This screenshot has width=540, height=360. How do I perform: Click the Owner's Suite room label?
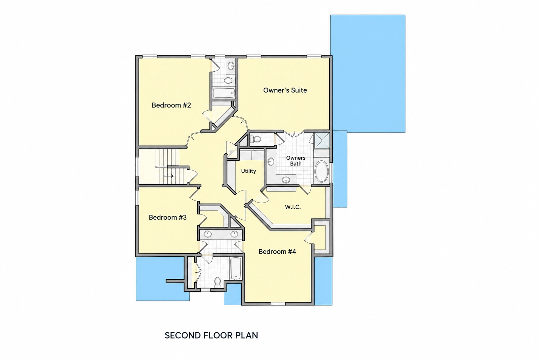[x=285, y=90]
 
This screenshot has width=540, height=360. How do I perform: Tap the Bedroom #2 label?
[x=171, y=105]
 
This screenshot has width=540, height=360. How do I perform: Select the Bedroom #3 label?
[x=168, y=218]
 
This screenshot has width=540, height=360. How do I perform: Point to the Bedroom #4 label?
[x=277, y=252]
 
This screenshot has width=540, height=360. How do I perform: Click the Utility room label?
[x=249, y=171]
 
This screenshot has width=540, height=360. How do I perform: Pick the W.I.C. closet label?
[x=293, y=207]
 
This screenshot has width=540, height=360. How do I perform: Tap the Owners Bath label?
[x=296, y=161]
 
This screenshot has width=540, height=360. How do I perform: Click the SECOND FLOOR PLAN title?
[x=211, y=335]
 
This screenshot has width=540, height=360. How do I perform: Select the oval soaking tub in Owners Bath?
[x=322, y=172]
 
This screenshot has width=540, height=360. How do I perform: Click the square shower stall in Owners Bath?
[x=322, y=140]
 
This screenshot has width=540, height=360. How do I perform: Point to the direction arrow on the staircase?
[x=169, y=176]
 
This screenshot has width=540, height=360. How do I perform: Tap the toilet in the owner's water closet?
[x=256, y=139]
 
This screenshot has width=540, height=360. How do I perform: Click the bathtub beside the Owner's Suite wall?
[x=224, y=93]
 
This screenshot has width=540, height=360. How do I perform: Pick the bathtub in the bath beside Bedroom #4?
[x=236, y=269]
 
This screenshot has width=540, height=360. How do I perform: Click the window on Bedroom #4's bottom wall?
[x=278, y=304]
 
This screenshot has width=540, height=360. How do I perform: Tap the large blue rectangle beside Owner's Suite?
[x=368, y=73]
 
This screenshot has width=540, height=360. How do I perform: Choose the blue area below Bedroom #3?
[x=160, y=279]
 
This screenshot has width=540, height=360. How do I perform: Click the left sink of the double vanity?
[x=207, y=234]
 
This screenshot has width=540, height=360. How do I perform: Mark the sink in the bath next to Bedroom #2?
[x=231, y=65]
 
